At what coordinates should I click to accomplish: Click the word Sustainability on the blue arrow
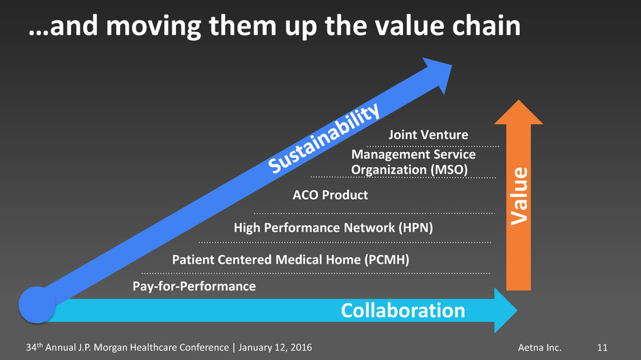[x=324, y=138]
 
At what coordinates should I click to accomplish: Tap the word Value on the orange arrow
[x=520, y=196]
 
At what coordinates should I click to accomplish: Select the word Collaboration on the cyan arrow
[x=402, y=310]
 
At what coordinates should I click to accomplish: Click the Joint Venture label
[x=428, y=134]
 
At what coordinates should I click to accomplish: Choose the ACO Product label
[x=330, y=195]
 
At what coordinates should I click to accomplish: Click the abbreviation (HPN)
[x=416, y=228]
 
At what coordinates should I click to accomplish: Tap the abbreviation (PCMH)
[x=387, y=260]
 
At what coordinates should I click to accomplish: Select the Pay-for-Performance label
[x=194, y=286]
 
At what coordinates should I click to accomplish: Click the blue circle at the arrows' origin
[x=38, y=305]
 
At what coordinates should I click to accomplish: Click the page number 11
[x=602, y=348]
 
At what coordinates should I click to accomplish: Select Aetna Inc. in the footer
[x=539, y=348]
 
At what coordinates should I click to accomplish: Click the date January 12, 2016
[x=275, y=348]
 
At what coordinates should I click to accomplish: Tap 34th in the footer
[x=34, y=347]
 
